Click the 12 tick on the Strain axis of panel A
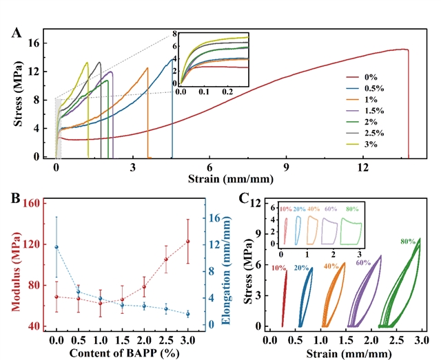coord(363,167)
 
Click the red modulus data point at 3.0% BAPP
coord(187,241)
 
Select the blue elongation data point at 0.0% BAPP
coord(57,247)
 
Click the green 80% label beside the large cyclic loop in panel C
coord(408,242)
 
